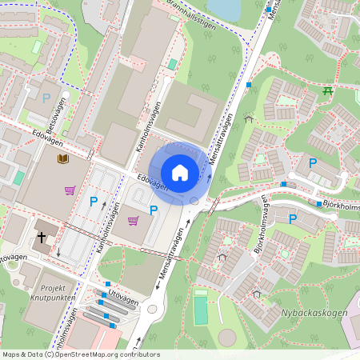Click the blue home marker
(x=180, y=172)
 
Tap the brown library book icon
(x=62, y=159)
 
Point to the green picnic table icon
(x=327, y=91)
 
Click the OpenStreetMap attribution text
(x=81, y=354)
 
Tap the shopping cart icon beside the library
(x=70, y=190)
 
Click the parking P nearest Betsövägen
(x=46, y=98)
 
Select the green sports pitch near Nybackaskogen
(x=200, y=308)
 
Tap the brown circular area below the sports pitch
(x=229, y=338)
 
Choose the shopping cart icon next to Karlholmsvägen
(x=133, y=220)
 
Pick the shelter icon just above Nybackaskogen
(x=257, y=294)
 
